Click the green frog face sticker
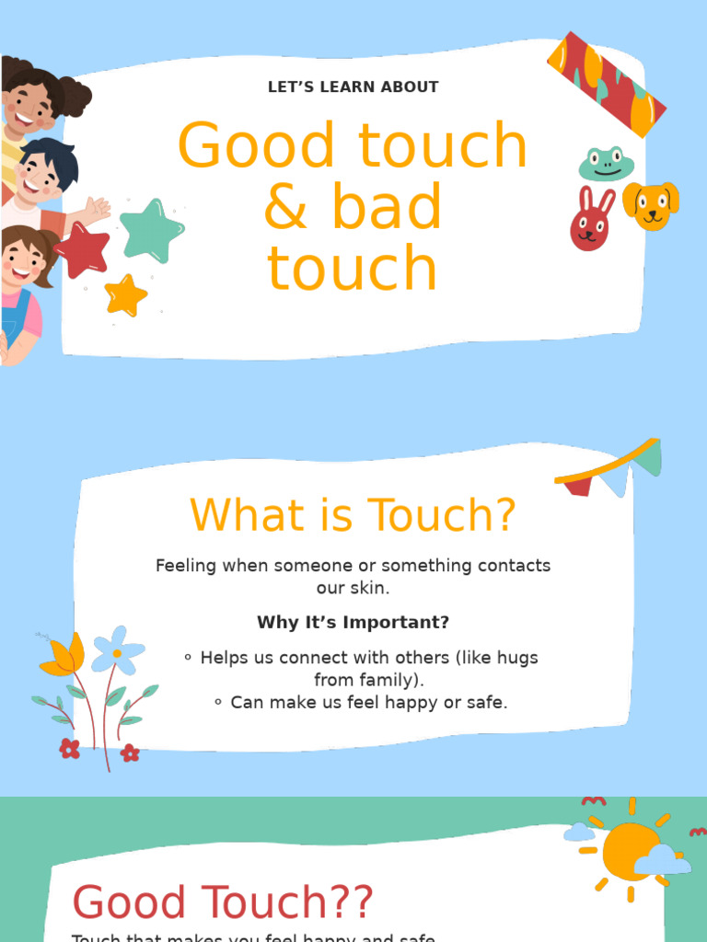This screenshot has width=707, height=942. click(606, 165)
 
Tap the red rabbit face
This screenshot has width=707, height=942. click(590, 221)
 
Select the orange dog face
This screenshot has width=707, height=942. click(651, 205)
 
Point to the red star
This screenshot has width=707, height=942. click(83, 250)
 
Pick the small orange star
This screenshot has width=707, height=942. click(125, 296)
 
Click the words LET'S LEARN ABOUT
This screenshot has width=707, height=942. click(353, 87)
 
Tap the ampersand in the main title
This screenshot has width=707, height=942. click(285, 208)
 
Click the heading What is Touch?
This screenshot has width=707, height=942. click(353, 515)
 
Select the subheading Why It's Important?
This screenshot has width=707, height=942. click(353, 623)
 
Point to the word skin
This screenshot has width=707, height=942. click(372, 587)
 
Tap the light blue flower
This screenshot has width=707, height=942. click(118, 650)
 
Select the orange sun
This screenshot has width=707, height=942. click(630, 851)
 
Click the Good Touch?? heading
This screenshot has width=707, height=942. click(223, 903)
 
